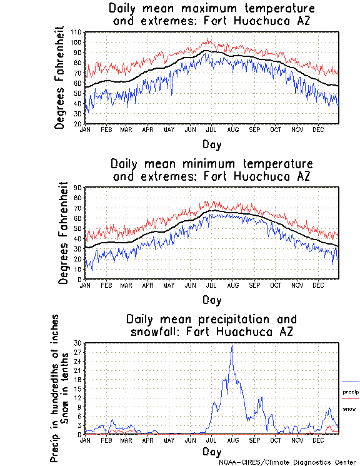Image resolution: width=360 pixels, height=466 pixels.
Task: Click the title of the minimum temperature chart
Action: pyautogui.click(x=211, y=170)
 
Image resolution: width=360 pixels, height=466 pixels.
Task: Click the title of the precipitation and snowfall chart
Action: pyautogui.click(x=211, y=325)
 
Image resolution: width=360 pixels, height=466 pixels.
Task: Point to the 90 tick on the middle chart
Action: pyautogui.click(x=79, y=187)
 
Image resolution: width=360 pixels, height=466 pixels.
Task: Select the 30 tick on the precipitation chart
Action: pyautogui.click(x=79, y=342)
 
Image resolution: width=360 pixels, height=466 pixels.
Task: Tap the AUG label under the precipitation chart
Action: pyautogui.click(x=232, y=440)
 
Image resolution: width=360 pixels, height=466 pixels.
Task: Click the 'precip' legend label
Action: pyautogui.click(x=350, y=392)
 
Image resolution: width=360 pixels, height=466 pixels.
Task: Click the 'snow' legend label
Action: pyautogui.click(x=349, y=408)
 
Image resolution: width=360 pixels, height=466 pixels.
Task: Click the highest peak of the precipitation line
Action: pyautogui.click(x=232, y=345)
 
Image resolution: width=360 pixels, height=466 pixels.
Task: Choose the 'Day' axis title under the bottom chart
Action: pyautogui.click(x=211, y=452)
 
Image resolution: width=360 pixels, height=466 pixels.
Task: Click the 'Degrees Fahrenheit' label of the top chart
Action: pyautogui.click(x=60, y=78)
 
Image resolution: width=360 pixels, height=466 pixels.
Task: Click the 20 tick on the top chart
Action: pyautogui.click(x=79, y=124)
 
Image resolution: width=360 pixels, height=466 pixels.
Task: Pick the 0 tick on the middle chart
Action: pyautogui.click(x=81, y=279)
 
